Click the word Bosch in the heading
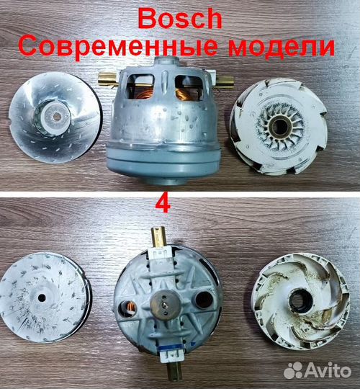pos(180,18)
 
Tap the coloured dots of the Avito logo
pos(292,370)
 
